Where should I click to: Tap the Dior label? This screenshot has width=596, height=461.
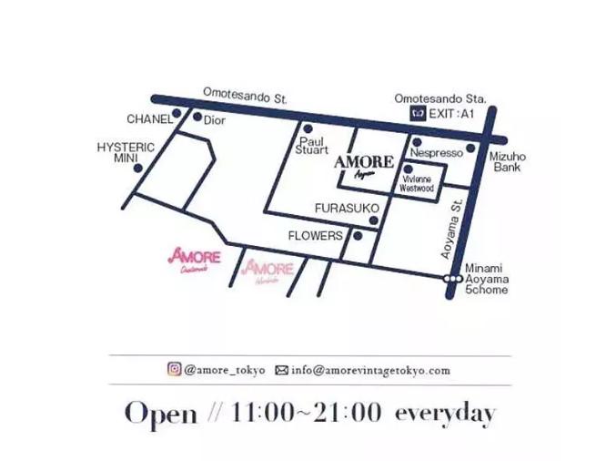[213, 120]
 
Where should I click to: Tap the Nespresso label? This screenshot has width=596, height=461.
[437, 154]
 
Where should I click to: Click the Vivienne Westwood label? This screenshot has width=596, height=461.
[417, 183]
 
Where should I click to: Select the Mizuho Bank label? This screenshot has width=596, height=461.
[507, 162]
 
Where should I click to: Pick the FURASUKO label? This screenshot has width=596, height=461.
[346, 209]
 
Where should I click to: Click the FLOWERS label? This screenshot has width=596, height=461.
[315, 235]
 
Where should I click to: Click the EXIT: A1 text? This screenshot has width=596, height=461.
[455, 114]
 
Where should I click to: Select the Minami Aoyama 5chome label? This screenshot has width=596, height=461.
[487, 280]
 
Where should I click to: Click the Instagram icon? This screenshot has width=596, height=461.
[173, 370]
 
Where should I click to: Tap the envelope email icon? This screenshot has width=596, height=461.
[281, 371]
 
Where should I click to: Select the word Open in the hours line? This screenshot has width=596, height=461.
[160, 414]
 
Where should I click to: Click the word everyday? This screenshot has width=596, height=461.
[445, 413]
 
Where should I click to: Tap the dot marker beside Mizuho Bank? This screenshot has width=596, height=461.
[470, 148]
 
